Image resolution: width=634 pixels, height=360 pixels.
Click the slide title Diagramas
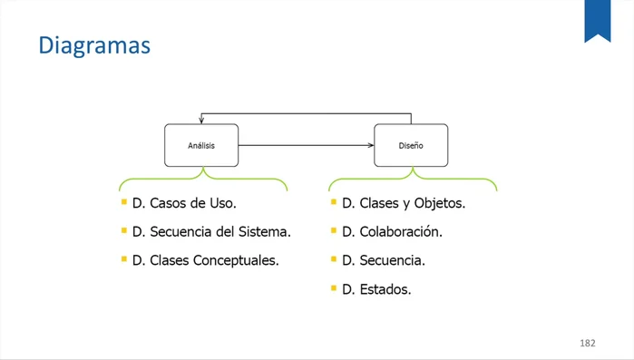[93, 44]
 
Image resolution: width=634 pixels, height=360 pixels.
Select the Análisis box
[201, 145]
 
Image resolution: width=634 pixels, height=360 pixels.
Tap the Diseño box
[411, 145]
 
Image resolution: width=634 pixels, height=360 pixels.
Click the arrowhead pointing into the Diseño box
[370, 145]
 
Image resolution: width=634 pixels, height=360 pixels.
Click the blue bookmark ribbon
[597, 19]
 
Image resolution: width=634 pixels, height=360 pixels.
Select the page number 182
[587, 343]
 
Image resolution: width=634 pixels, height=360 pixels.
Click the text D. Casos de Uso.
[184, 203]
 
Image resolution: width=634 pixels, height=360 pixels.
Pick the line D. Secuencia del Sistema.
[211, 231]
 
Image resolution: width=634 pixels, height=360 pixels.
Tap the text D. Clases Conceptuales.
[205, 260]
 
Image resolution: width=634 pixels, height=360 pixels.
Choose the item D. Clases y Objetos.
[404, 203]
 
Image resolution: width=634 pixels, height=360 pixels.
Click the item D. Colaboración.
[392, 231]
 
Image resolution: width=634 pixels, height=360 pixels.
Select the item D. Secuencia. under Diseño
[384, 260]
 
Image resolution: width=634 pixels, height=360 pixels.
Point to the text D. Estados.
[376, 289]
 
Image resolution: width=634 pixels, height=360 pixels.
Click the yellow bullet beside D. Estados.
[334, 288]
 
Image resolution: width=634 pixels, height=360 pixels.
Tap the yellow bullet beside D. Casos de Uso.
[124, 202]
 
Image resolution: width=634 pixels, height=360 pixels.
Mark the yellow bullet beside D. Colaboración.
[334, 230]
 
